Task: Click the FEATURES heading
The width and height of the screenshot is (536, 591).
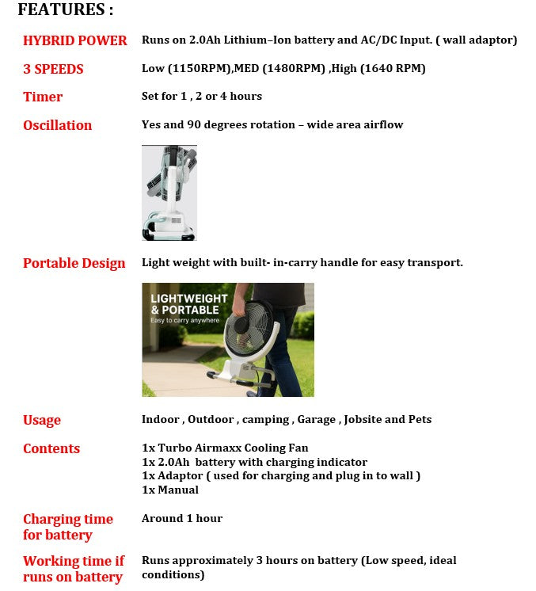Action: (66, 10)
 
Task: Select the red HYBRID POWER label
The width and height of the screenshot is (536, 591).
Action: (75, 40)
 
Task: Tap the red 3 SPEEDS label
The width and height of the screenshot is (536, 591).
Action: (53, 69)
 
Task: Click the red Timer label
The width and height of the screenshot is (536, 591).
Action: (43, 97)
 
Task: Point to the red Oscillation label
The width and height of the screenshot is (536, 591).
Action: (57, 125)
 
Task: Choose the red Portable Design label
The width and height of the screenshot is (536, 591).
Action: (74, 263)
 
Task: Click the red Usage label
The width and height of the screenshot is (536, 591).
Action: (42, 420)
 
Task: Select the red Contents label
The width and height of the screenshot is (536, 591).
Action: (51, 448)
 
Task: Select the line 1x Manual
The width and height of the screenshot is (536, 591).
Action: (170, 490)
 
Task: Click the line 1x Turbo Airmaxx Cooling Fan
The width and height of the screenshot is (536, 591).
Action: (225, 448)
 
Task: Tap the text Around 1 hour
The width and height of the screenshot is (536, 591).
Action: (182, 518)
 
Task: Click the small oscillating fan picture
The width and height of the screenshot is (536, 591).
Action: (169, 193)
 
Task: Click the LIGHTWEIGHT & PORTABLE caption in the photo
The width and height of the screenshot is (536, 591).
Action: (189, 304)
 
